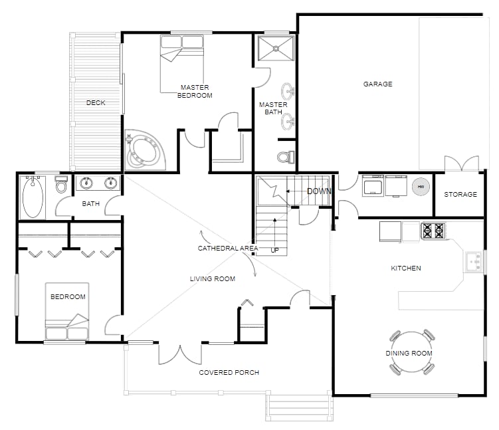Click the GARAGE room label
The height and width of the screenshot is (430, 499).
pyautogui.click(x=377, y=84)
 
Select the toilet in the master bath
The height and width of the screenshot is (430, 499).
pyautogui.click(x=285, y=158)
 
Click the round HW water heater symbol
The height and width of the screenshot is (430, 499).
pyautogui.click(x=420, y=187)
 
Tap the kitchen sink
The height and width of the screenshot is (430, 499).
pyautogui.click(x=474, y=261)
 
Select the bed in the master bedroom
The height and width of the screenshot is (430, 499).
pyautogui.click(x=182, y=64)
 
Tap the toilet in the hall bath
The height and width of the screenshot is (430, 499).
pyautogui.click(x=61, y=185)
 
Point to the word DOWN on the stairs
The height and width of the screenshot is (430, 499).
pyautogui.click(x=319, y=191)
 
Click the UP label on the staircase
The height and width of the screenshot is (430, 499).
pyautogui.click(x=274, y=250)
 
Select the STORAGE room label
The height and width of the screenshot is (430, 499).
pyautogui.click(x=460, y=195)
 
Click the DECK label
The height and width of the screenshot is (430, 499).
pyautogui.click(x=96, y=103)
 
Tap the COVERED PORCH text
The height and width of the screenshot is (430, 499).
pyautogui.click(x=229, y=372)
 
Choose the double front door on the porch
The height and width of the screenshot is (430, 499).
pyautogui.click(x=180, y=354)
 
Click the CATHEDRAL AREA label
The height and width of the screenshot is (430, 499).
pyautogui.click(x=227, y=248)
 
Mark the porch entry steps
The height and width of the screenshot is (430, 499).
pyautogui.click(x=298, y=407)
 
